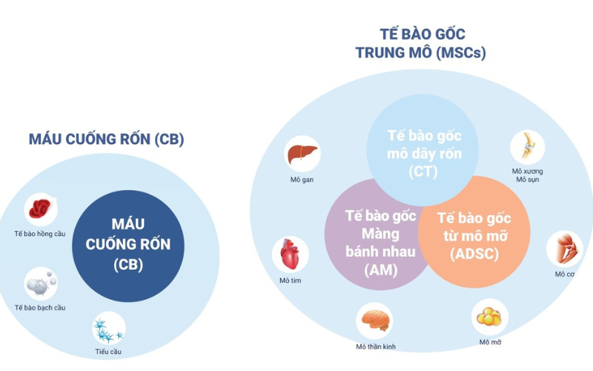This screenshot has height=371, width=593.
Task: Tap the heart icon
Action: (290, 255)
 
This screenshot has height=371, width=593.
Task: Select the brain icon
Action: (374, 320)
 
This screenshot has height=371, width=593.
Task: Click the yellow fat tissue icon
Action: (489, 317)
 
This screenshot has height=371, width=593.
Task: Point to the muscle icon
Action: (563, 249)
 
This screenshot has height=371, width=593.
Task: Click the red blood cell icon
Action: (40, 210)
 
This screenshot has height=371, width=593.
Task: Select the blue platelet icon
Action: (108, 328)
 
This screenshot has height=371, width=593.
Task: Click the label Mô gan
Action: (302, 180)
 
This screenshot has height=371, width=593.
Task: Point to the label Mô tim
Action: (290, 280)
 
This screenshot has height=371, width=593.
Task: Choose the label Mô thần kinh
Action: (374, 347)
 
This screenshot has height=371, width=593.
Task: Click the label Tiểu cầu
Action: (108, 352)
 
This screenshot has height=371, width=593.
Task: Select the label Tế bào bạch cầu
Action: (40, 307)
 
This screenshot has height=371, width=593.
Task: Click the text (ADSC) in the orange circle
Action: (474, 255)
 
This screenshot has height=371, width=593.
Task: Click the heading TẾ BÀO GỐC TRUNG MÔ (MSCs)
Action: (421, 44)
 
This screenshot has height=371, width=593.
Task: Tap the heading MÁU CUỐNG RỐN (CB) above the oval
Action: (106, 139)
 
